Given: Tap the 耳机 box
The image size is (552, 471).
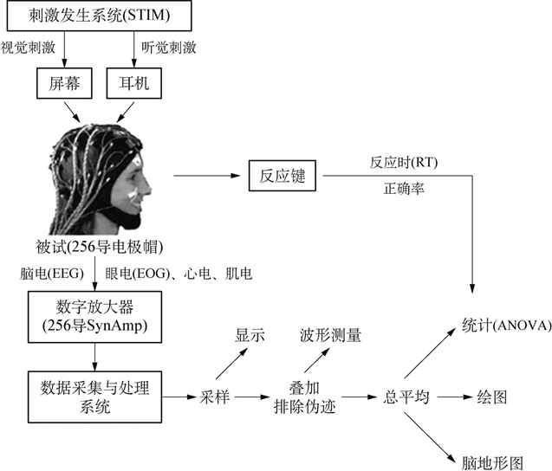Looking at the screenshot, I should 131,83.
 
